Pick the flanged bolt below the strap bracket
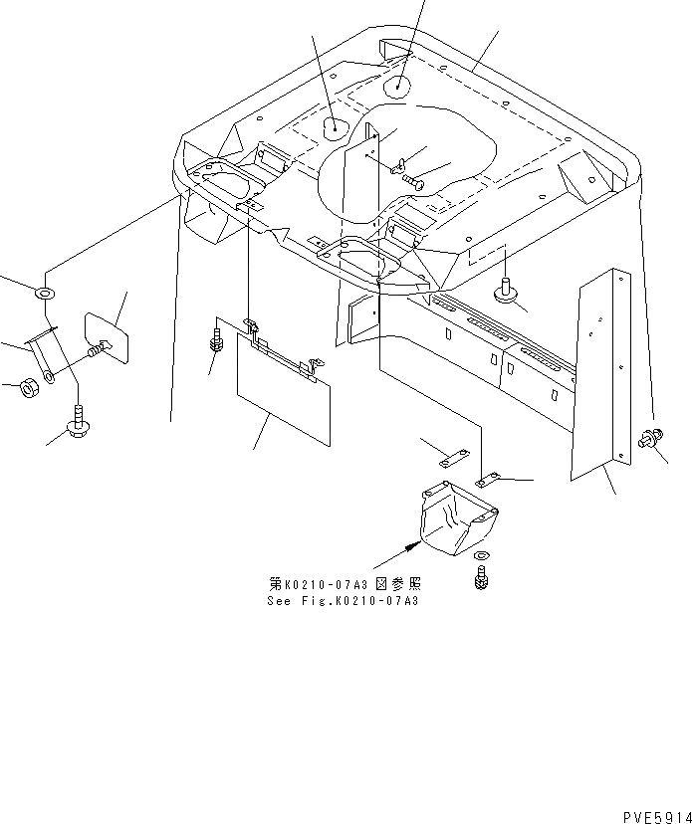78,425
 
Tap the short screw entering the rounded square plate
97,349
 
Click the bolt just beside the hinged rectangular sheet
215,338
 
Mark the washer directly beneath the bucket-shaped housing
482,554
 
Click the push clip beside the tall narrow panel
654,437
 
